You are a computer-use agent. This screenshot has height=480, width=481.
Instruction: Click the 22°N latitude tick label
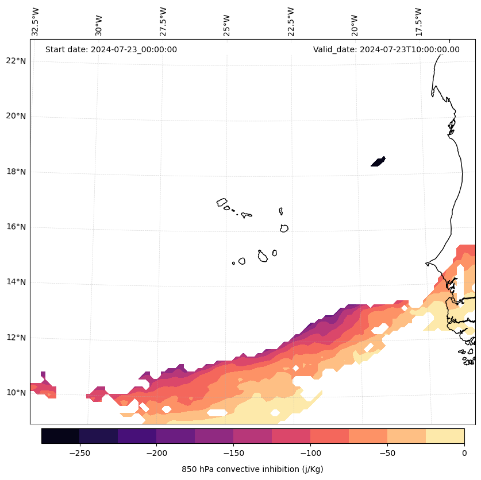coord(16,61)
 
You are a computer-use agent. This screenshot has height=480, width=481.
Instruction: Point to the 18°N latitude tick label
coord(16,172)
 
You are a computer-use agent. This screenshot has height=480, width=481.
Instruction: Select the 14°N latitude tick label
coord(16,282)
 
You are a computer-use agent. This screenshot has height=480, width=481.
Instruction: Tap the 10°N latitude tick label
coord(16,393)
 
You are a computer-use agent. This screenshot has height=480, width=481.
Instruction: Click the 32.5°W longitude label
coord(36,22)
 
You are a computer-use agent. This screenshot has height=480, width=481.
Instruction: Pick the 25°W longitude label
coord(227,25)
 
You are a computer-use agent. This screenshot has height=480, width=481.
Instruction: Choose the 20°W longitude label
coord(355,25)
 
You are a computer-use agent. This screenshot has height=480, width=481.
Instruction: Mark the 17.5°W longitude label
coord(418,22)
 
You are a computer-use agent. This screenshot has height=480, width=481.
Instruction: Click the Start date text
coord(111,49)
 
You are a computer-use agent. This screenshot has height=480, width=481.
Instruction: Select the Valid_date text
coord(386,49)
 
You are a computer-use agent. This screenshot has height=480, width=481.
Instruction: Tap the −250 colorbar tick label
coord(79,453)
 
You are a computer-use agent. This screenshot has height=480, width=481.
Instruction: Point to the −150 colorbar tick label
coord(233,453)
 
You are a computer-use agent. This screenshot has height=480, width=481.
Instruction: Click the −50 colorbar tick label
coord(387,453)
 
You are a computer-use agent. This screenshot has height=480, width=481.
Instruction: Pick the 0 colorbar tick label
coord(464,453)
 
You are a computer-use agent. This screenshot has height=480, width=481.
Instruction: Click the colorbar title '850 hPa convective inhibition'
coord(252,469)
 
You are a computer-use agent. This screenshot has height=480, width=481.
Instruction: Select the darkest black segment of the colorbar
coord(60,436)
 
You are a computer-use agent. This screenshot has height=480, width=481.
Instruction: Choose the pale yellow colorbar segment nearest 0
coord(445,436)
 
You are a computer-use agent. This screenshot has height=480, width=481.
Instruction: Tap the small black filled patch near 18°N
coord(378,161)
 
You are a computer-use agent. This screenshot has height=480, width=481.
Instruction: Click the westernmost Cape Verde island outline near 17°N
coord(222,202)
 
